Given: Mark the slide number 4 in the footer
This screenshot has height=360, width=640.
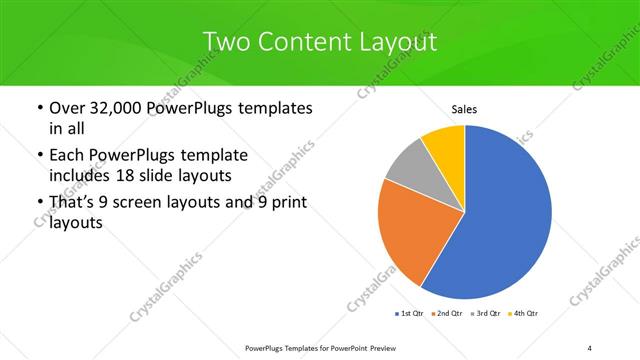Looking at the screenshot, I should (x=589, y=348).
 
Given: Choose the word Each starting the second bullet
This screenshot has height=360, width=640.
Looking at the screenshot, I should (x=65, y=155).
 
